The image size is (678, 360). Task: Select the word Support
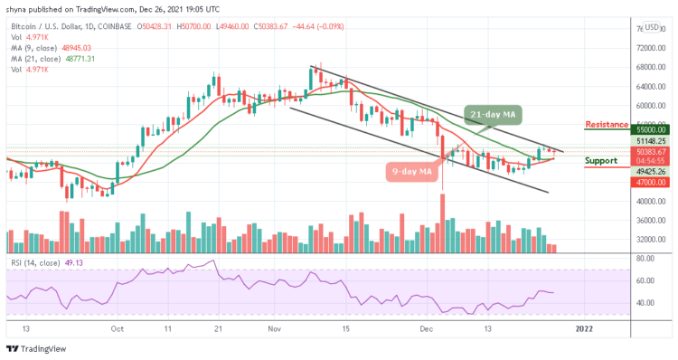(x=601, y=161)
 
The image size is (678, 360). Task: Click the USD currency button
(x=652, y=27)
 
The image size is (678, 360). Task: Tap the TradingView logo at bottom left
(x=38, y=349)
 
